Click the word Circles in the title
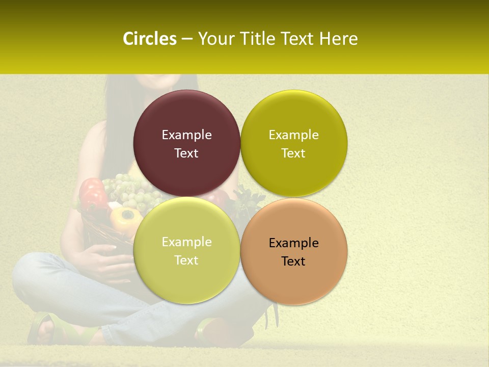pos(149,39)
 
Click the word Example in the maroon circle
pos(186,135)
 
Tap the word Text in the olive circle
pos(293,153)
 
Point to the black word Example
pos(293,243)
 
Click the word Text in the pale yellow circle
pos(186,260)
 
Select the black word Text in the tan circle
pos(293,261)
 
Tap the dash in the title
pos(186,39)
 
